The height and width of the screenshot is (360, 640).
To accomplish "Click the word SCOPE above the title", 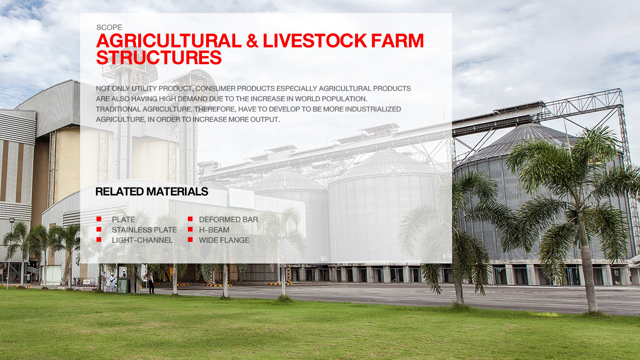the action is [x=109, y=28].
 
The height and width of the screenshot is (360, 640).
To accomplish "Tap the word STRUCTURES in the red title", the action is [x=159, y=57].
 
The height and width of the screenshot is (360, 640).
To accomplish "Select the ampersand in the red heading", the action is [x=252, y=41].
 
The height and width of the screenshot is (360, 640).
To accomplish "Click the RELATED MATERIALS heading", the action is [x=152, y=192].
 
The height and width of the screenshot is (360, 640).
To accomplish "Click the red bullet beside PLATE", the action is [x=99, y=219].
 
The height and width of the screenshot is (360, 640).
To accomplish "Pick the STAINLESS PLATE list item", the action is [x=144, y=230].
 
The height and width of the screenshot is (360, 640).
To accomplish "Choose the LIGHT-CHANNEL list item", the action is [x=142, y=240].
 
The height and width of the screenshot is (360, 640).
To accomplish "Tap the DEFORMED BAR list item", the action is [x=229, y=219].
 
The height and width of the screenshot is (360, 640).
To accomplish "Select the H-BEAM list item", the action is [x=214, y=230].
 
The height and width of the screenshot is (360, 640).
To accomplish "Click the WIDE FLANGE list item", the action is [x=224, y=240].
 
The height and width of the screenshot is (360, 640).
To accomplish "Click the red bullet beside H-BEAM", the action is [x=190, y=229].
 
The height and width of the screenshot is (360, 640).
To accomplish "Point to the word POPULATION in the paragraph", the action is [x=344, y=99].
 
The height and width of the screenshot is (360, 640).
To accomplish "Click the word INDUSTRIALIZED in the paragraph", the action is [x=373, y=109].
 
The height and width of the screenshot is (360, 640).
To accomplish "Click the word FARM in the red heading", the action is [x=397, y=41].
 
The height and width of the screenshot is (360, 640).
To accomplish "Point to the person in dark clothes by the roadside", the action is [x=151, y=283].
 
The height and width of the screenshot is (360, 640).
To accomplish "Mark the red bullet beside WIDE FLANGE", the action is [x=190, y=240].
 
